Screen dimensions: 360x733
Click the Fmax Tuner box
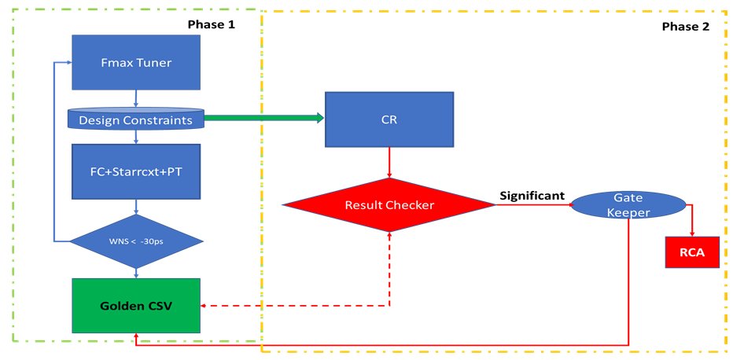click(x=137, y=63)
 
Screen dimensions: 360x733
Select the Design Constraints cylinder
click(x=137, y=119)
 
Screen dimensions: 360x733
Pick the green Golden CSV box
click(x=137, y=305)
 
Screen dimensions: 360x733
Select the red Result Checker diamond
click(x=390, y=205)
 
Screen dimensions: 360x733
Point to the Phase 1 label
click(x=211, y=24)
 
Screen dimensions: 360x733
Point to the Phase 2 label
click(x=685, y=27)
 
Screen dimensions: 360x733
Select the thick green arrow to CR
click(x=263, y=119)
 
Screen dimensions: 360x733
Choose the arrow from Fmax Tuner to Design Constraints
click(x=137, y=98)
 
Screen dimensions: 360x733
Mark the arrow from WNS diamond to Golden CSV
click(x=137, y=271)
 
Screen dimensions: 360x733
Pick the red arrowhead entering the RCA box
click(x=691, y=233)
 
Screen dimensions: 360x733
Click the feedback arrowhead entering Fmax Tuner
click(x=68, y=64)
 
